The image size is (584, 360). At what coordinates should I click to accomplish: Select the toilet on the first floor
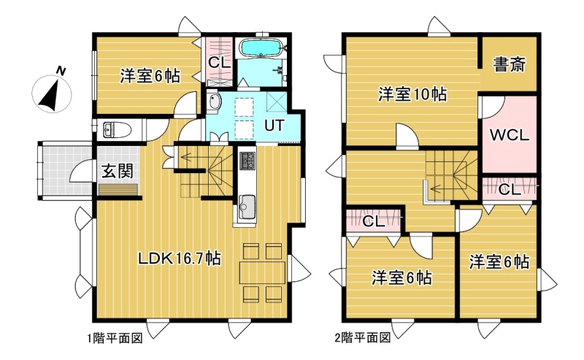point(116,130)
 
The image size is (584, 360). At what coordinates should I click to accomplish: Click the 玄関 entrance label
point(118,172)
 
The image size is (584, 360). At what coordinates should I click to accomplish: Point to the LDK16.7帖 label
point(180,258)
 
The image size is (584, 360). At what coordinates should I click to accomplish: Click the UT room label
point(274,126)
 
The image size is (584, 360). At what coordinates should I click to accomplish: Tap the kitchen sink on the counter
point(246,205)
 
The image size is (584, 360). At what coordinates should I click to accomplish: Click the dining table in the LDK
point(262,272)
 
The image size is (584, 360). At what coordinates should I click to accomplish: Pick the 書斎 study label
point(509,65)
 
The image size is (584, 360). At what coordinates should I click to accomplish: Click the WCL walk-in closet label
point(509,134)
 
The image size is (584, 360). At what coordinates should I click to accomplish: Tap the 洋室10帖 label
point(412,94)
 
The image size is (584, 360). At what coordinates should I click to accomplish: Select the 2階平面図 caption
point(363,338)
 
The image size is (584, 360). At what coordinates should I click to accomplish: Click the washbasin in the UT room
point(214,102)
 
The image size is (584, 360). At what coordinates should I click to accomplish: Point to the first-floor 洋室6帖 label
point(150,76)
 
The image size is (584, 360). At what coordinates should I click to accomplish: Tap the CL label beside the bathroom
point(220,62)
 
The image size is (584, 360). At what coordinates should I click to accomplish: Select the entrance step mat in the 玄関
point(118,189)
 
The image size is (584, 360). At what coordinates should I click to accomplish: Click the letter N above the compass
point(61,71)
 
